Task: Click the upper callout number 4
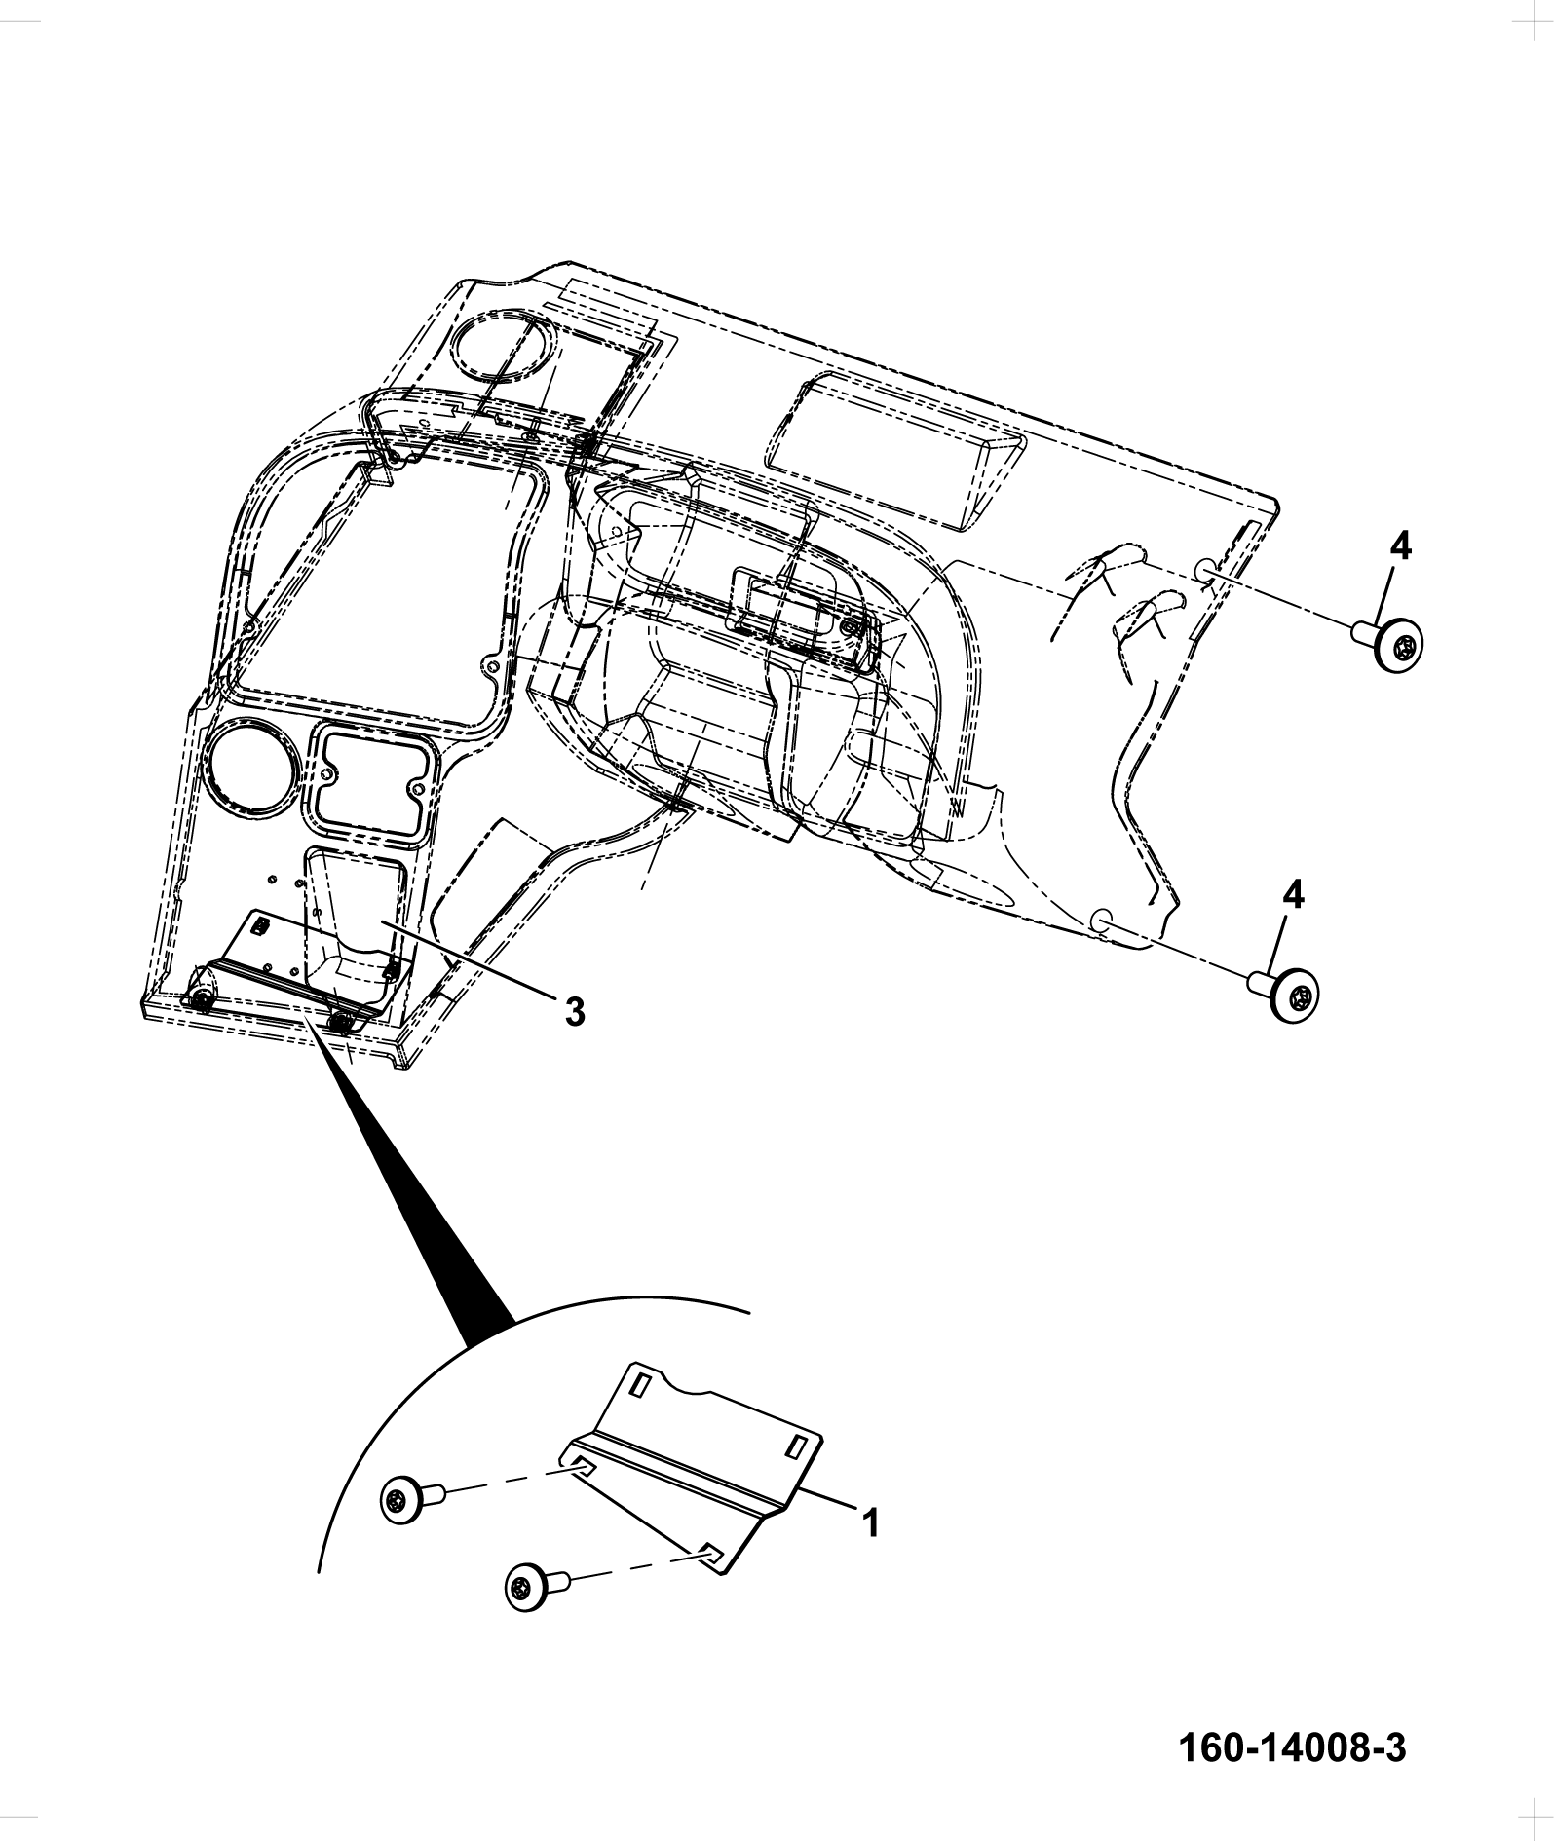pyautogui.click(x=1399, y=549)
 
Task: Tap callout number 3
pyautogui.click(x=575, y=1012)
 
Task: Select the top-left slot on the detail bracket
pyautogui.click(x=640, y=1384)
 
